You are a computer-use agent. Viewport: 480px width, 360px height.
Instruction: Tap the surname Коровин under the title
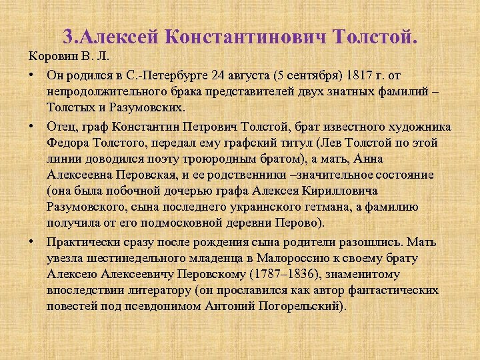coord(49,55)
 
